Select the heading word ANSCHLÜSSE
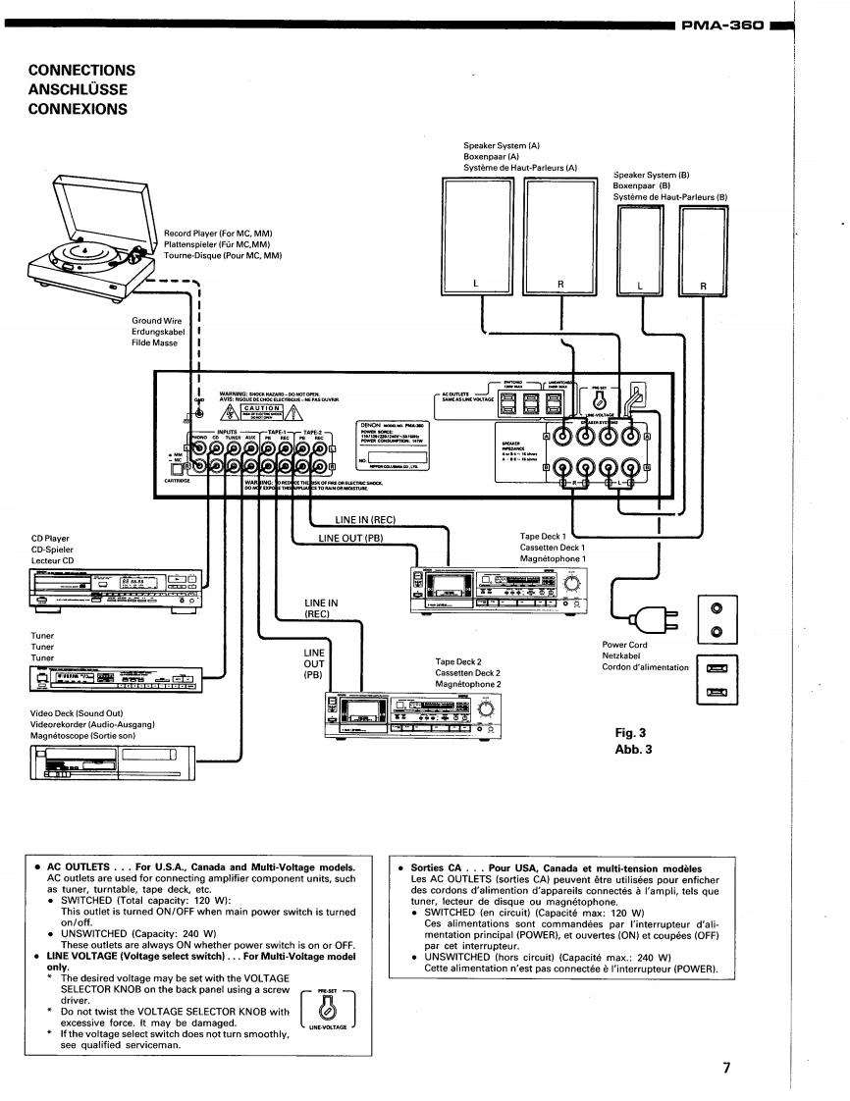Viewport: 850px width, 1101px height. [79, 89]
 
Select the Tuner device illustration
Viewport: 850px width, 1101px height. [114, 679]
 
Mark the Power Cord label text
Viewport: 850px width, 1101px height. [625, 645]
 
